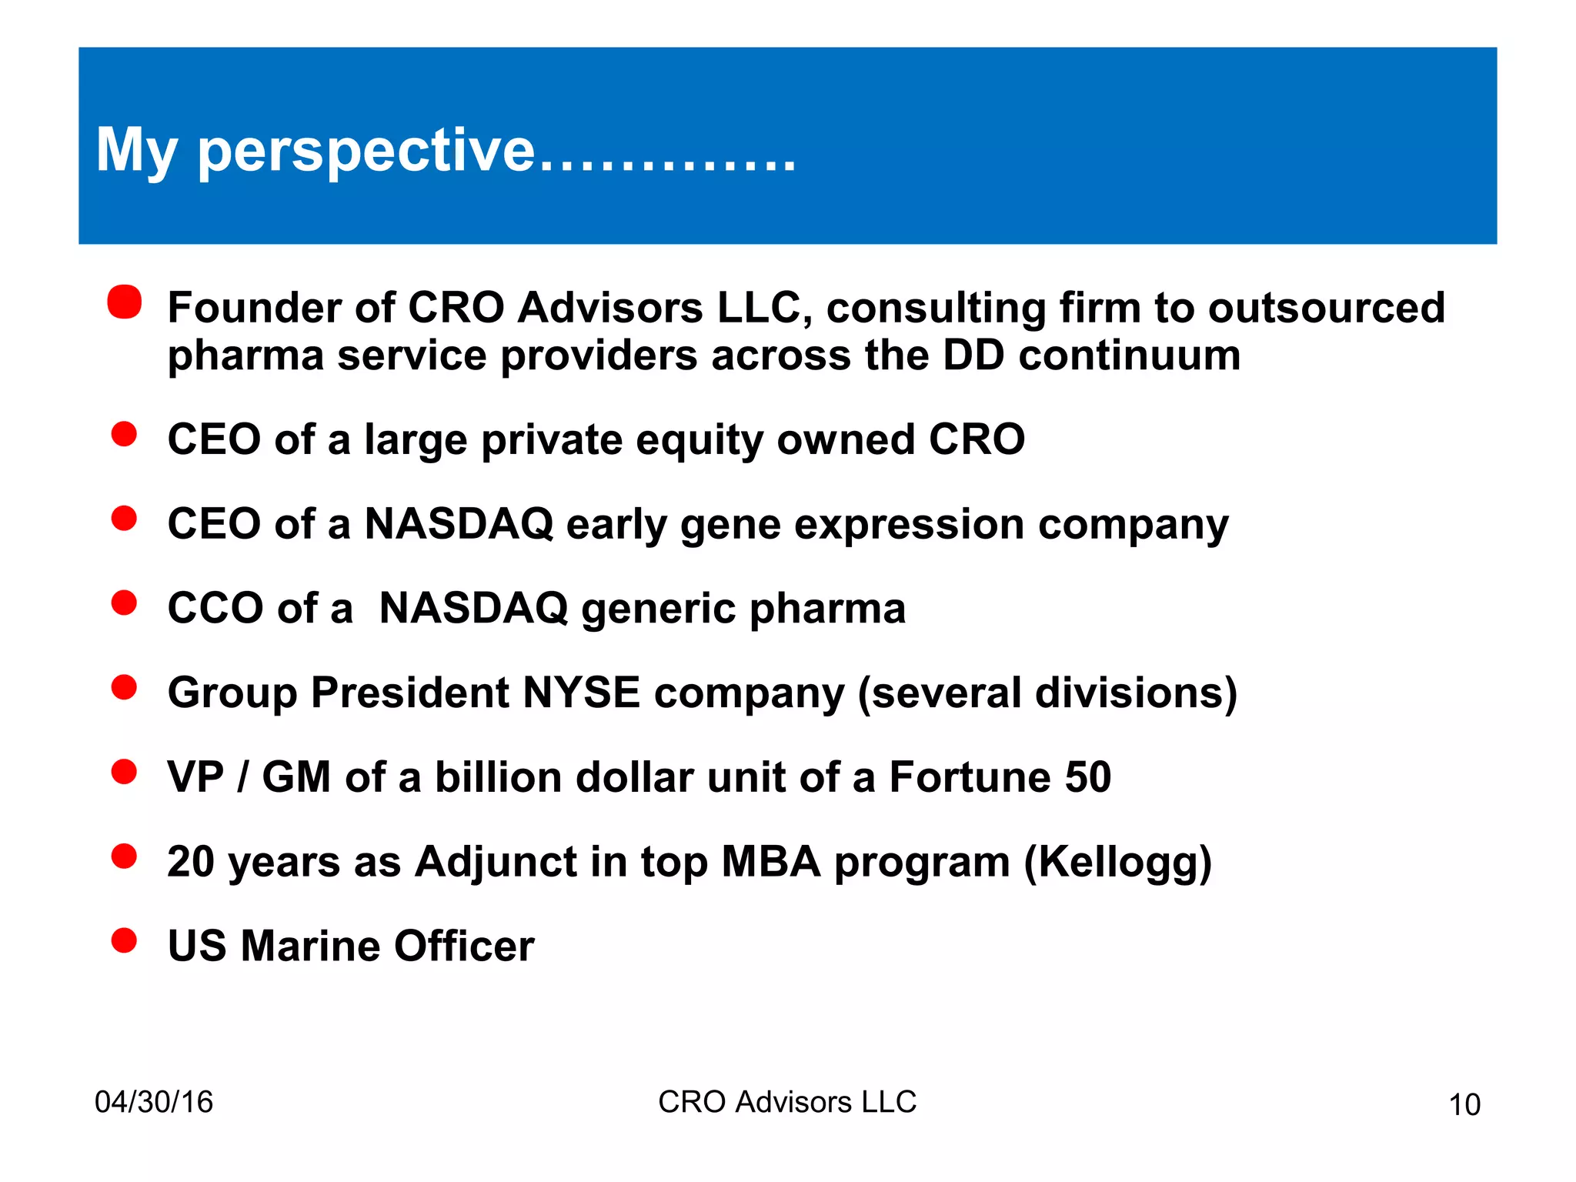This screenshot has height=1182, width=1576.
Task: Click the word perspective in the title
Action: [366, 152]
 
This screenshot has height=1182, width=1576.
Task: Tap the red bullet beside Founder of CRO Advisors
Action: [125, 302]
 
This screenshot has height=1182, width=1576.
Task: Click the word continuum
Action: [1129, 356]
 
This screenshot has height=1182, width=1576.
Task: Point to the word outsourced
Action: [1326, 308]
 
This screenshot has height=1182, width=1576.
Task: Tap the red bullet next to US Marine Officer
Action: [124, 940]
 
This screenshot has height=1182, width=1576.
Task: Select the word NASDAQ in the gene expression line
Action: [459, 524]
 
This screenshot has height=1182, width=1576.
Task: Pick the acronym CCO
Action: [215, 608]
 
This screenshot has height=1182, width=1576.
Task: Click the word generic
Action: [658, 609]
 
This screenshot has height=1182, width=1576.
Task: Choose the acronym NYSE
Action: [581, 693]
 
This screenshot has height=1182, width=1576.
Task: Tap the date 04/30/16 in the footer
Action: [153, 1102]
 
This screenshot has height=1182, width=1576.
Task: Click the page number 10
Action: [1464, 1104]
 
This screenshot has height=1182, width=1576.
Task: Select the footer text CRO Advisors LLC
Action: [787, 1102]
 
